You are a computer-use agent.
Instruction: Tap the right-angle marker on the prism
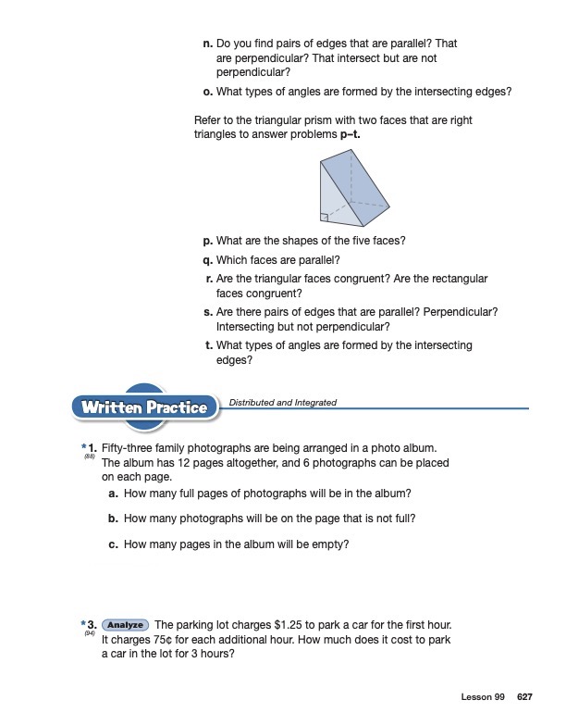[x=324, y=218]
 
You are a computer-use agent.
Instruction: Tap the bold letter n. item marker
[x=208, y=44]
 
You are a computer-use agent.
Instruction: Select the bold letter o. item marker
[x=208, y=91]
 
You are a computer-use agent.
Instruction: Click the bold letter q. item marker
[x=208, y=259]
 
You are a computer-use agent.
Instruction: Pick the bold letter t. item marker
[x=209, y=345]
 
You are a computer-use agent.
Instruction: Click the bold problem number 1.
[x=92, y=448]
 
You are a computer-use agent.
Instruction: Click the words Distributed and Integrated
[x=282, y=403]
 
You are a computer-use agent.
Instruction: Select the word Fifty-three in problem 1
[x=127, y=448]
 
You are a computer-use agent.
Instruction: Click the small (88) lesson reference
[x=90, y=456]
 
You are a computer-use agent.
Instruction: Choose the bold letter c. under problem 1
[x=113, y=544]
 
